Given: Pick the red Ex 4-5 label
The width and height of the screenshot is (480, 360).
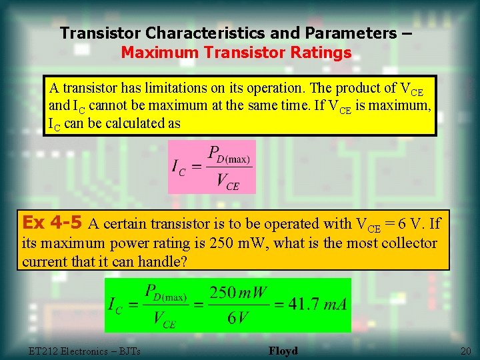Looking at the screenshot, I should pos(52,221).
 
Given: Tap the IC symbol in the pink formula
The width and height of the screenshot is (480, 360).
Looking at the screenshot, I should pos(179,167).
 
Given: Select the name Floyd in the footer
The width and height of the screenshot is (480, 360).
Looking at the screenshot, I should pos(283,351).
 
